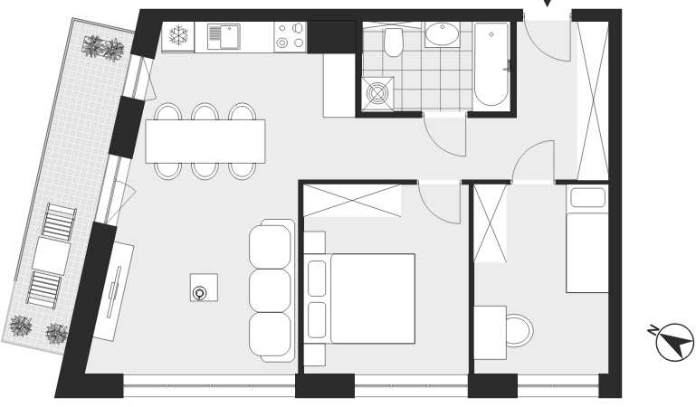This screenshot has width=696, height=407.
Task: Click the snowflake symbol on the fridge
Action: click(178, 35)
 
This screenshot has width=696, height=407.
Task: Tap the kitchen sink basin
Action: click(230, 37)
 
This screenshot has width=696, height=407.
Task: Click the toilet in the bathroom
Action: click(393, 43)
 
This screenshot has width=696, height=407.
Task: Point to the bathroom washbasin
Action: click(443, 34)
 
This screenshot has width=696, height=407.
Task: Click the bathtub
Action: click(491, 64)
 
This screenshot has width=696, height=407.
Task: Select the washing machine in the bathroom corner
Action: click(377, 93)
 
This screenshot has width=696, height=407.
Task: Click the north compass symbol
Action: click(672, 341)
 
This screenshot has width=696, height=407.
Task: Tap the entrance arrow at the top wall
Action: click(548, 3)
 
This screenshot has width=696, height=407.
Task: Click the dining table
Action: click(205, 141)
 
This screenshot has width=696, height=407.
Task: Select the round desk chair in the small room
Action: click(520, 330)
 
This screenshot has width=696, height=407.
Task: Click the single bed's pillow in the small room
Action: click(587, 197)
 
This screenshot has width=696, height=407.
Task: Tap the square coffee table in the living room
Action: click(204, 288)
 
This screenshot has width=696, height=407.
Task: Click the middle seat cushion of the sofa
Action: click(270, 290)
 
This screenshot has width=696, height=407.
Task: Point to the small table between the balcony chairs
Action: click(51, 255)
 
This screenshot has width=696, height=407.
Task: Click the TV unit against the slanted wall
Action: click(113, 290)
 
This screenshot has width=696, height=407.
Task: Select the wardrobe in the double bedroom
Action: click(352, 201)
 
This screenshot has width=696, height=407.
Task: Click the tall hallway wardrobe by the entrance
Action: click(592, 100)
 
